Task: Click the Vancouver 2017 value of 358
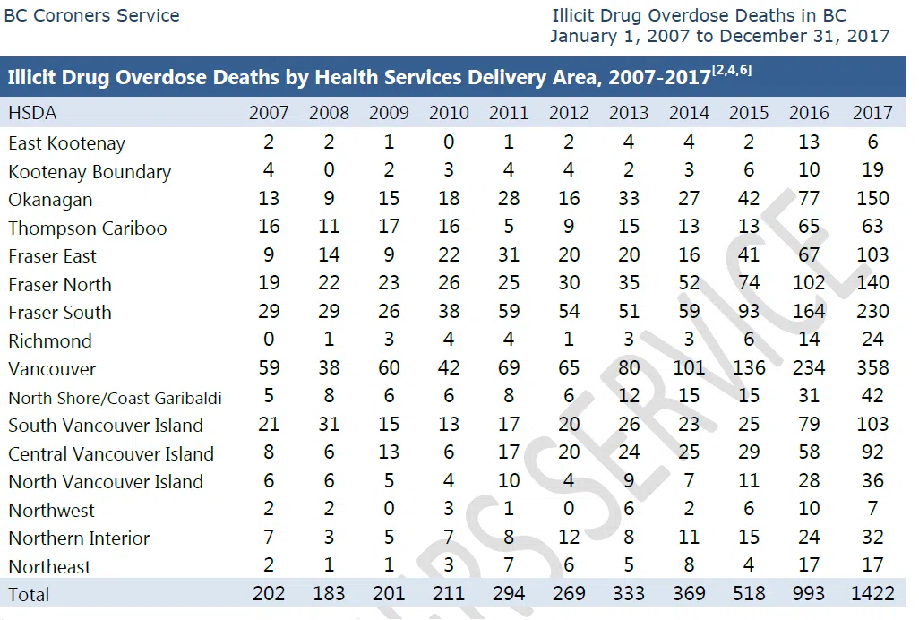pyautogui.click(x=872, y=368)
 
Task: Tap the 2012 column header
pyautogui.click(x=569, y=113)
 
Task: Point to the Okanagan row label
pyautogui.click(x=50, y=200)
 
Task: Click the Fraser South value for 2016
pyautogui.click(x=809, y=312)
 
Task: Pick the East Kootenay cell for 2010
pyautogui.click(x=449, y=142)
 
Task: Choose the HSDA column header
pyautogui.click(x=32, y=113)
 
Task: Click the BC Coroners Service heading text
pyautogui.click(x=91, y=16)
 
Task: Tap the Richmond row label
pyautogui.click(x=50, y=340)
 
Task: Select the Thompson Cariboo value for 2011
pyautogui.click(x=509, y=227)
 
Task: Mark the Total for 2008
pyautogui.click(x=329, y=594)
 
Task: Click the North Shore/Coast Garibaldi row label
pyautogui.click(x=115, y=398)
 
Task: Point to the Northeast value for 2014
pyautogui.click(x=689, y=565)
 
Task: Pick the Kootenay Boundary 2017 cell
pyautogui.click(x=872, y=171)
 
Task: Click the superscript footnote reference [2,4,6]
pyautogui.click(x=732, y=72)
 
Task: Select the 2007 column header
pyautogui.click(x=269, y=113)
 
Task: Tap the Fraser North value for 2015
pyautogui.click(x=749, y=284)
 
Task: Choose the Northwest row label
pyautogui.click(x=51, y=510)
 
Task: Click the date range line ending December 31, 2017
pyautogui.click(x=719, y=37)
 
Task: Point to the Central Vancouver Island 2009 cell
pyautogui.click(x=389, y=453)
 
